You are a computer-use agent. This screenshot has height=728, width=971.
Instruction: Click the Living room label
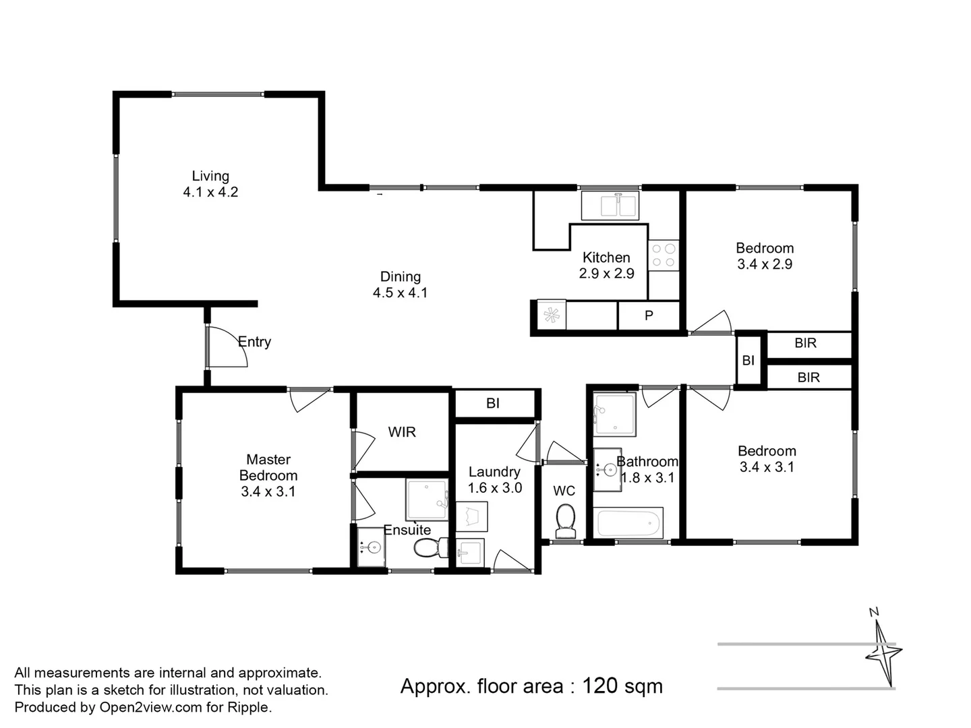(x=210, y=176)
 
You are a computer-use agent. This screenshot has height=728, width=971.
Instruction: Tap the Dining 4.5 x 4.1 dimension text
(x=400, y=293)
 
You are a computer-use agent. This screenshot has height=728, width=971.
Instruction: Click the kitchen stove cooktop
(x=664, y=255)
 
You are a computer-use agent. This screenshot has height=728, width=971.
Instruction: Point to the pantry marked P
(x=649, y=315)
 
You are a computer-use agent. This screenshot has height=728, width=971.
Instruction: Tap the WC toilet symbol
(x=565, y=522)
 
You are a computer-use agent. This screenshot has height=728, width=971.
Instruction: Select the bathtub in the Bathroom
(x=628, y=523)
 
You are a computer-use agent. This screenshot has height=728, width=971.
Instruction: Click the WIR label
(x=402, y=432)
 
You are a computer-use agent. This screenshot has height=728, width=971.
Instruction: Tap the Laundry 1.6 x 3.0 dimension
(x=495, y=488)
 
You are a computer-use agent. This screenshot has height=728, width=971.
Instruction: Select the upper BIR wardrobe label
(x=805, y=343)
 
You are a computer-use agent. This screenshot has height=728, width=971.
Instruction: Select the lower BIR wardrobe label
(x=808, y=377)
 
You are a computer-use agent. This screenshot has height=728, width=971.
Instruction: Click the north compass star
(x=883, y=652)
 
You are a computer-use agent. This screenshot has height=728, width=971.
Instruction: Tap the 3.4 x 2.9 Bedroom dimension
(x=765, y=265)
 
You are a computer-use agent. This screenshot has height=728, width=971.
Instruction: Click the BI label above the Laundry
(x=493, y=403)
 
